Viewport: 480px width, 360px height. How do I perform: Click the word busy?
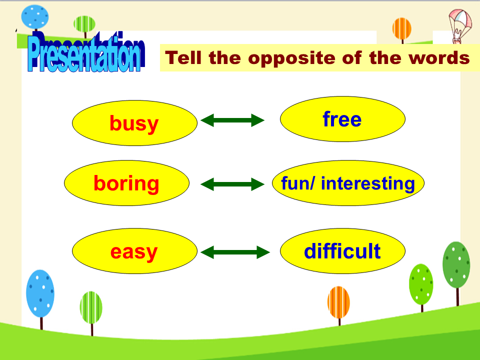[134, 123]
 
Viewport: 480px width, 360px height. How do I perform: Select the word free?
[342, 119]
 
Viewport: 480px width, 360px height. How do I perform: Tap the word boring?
[126, 183]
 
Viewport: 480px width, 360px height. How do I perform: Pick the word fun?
[295, 183]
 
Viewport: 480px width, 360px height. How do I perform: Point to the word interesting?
[368, 183]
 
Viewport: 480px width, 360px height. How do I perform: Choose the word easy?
[134, 252]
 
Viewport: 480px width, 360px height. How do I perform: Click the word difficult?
[342, 251]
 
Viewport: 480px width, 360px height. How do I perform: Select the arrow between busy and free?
[232, 120]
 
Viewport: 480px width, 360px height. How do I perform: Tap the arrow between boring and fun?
[232, 184]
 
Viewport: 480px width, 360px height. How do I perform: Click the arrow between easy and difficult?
[235, 252]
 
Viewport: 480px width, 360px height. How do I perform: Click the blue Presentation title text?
[85, 52]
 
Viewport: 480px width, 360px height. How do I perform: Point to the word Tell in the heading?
[183, 57]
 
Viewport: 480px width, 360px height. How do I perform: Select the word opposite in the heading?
[291, 58]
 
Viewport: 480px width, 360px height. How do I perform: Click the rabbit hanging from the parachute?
[456, 36]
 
